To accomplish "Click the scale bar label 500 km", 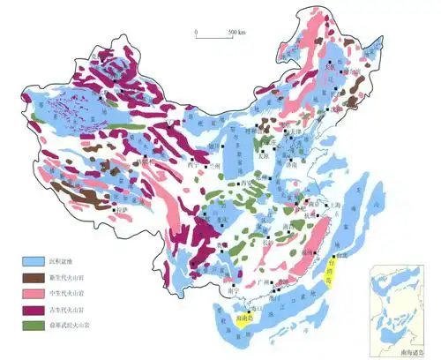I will click(x=235, y=32).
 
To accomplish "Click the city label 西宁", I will click(x=193, y=164).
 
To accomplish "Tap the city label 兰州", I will click(x=214, y=166).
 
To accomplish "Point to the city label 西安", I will click(x=250, y=183).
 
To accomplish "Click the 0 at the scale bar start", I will click(x=198, y=32).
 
